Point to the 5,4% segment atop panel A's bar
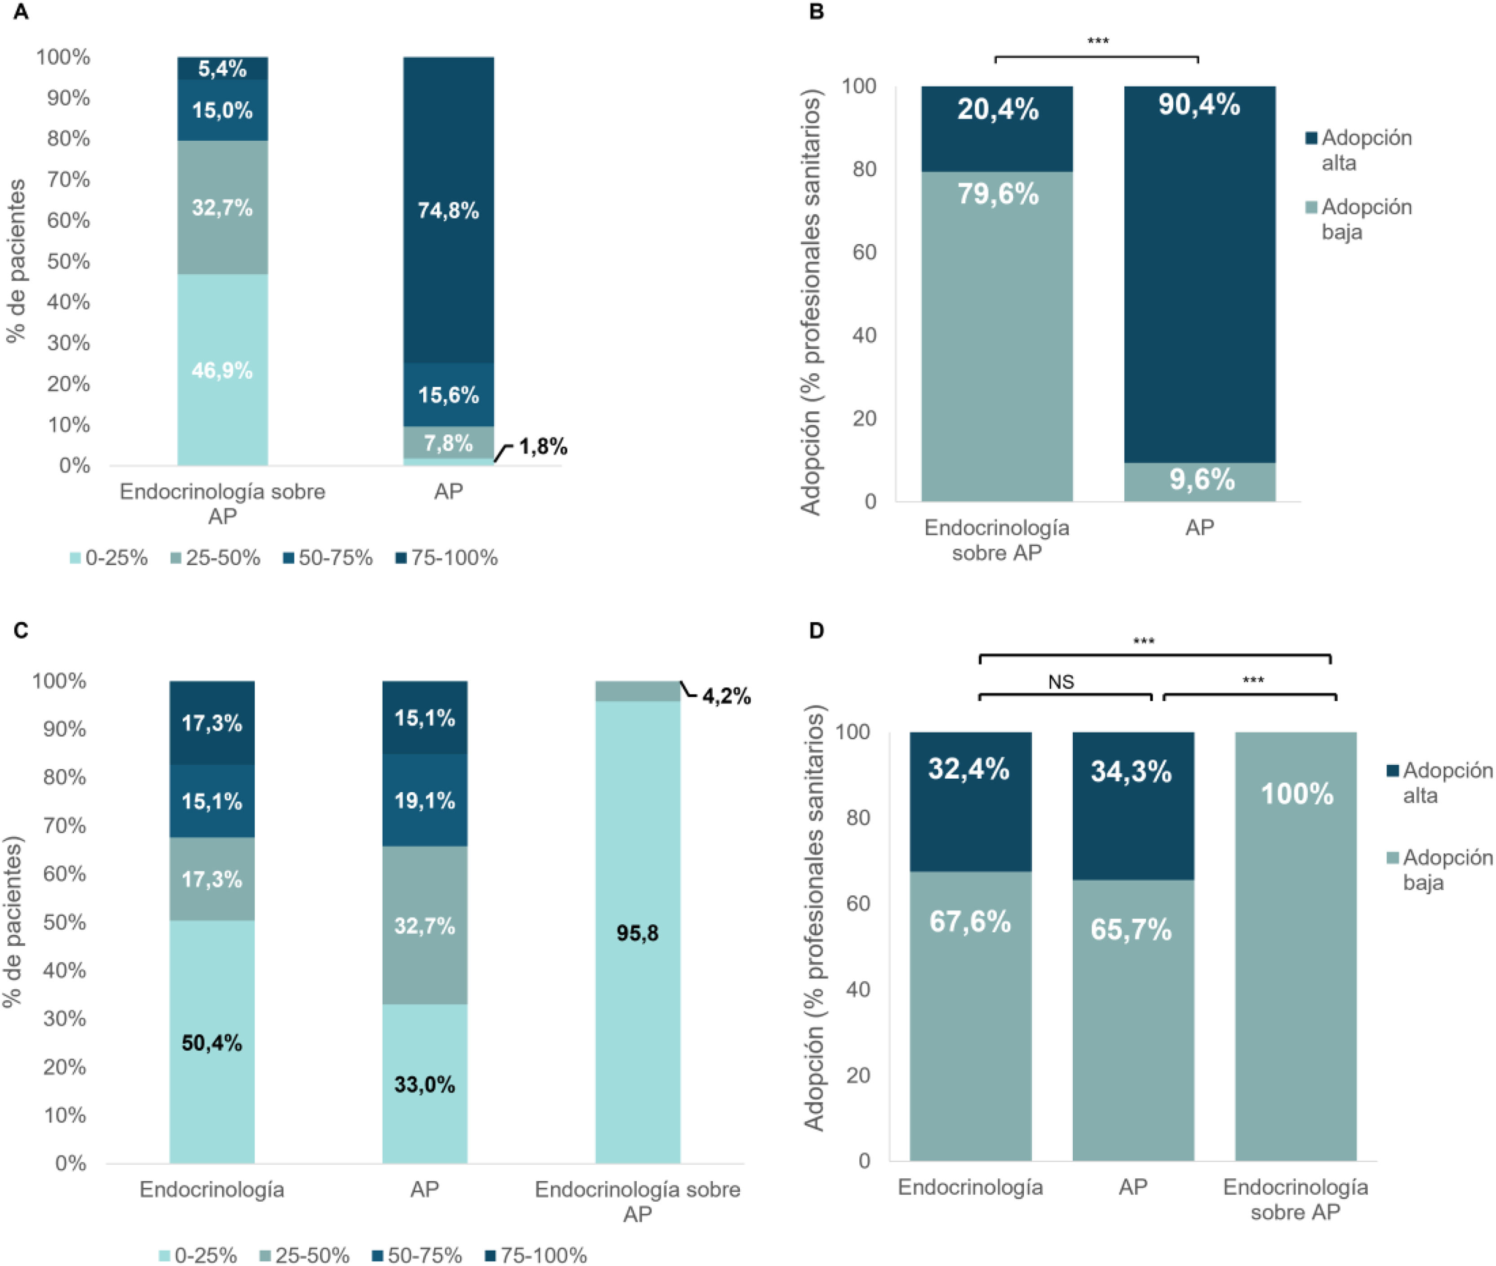pos(222,69)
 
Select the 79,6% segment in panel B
pos(997,336)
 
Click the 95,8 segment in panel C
pos(638,932)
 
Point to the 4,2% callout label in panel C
pos(726,696)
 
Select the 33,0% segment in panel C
pos(425,1084)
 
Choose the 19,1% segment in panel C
pos(425,800)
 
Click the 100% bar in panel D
pos(1296,946)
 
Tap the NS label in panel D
pos(1061,682)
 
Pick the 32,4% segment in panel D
pos(970,802)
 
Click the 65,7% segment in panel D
pos(1133,1020)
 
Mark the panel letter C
pos(21,630)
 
